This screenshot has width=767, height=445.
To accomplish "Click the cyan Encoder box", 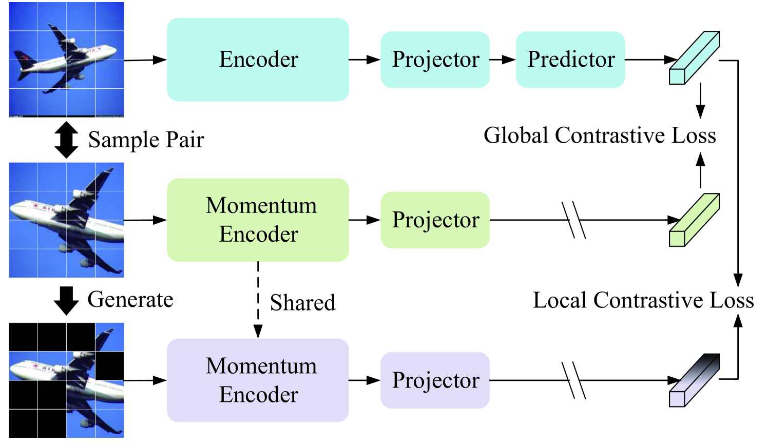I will [x=258, y=60].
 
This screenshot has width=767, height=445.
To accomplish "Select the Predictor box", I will [x=570, y=60].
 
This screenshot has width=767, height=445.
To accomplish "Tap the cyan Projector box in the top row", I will [x=435, y=60].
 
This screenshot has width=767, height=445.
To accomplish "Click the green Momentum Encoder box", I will [x=258, y=220].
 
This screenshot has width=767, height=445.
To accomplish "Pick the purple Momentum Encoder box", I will [x=258, y=380].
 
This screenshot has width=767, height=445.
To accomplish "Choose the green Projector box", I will [x=435, y=220].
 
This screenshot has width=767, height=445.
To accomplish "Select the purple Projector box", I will [x=435, y=380].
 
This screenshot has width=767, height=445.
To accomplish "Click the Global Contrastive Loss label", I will [x=599, y=136].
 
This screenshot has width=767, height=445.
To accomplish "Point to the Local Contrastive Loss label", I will [x=643, y=300].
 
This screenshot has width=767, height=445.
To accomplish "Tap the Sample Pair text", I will [x=146, y=140].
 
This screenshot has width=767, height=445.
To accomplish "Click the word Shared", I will [x=303, y=302].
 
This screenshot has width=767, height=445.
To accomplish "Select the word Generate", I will [x=130, y=299].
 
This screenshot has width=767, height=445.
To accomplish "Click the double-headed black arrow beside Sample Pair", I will [x=66, y=140].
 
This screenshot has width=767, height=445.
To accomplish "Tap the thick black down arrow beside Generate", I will [x=66, y=300].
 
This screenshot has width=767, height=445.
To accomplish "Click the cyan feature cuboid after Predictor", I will [x=694, y=57].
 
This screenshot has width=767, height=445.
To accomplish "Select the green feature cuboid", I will [x=694, y=220].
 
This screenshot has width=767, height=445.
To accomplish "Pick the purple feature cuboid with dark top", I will [x=694, y=380].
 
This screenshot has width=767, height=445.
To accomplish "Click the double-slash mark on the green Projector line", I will [x=574, y=220].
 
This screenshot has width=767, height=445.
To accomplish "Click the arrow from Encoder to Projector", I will [x=365, y=60].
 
